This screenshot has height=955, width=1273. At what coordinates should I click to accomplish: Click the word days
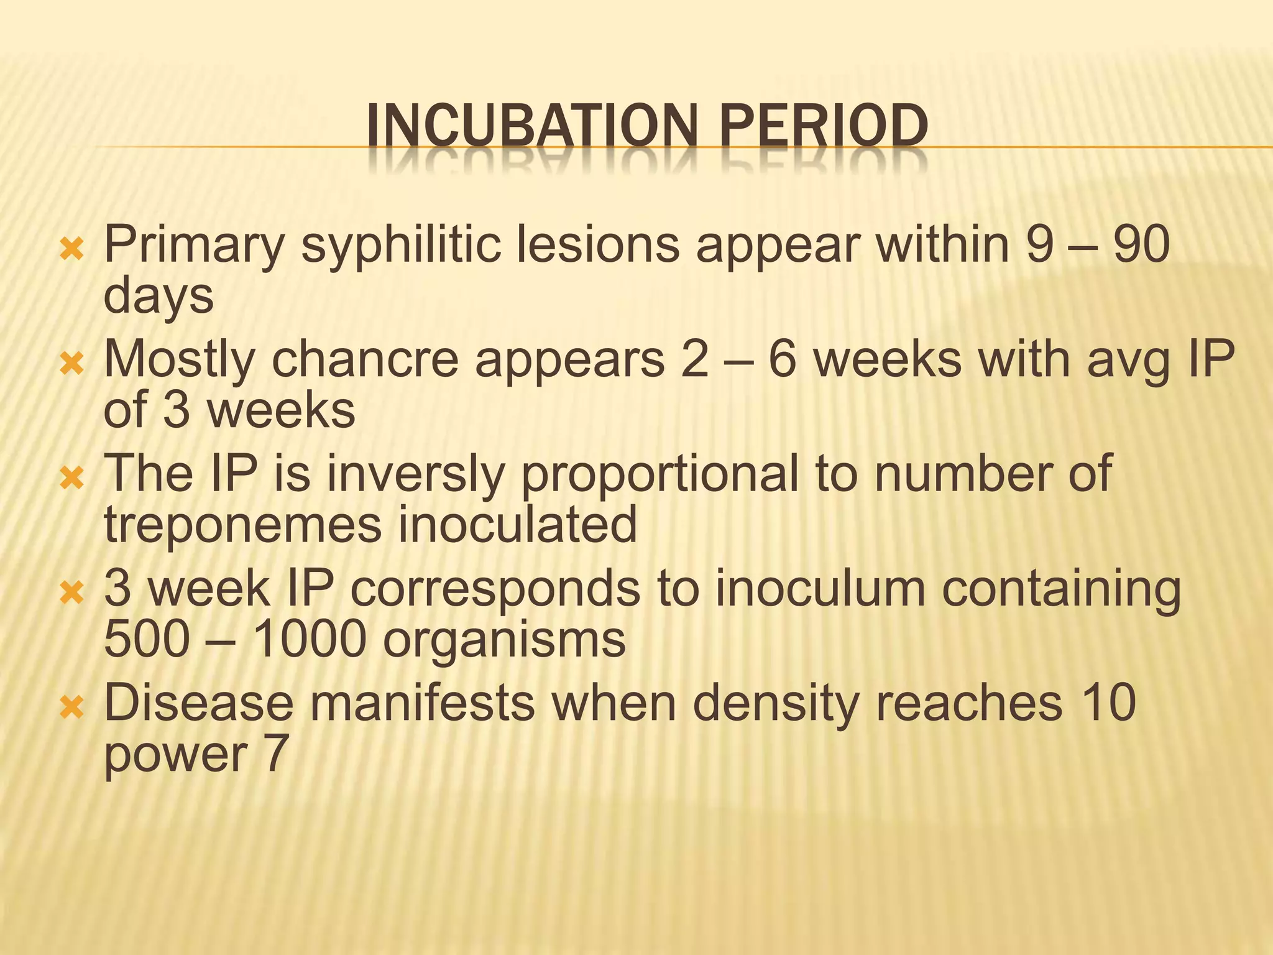159,298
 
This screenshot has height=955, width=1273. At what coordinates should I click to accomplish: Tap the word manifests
422,703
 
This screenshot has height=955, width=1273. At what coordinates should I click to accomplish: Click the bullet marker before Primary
71,249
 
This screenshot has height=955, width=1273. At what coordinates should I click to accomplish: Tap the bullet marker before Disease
71,707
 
